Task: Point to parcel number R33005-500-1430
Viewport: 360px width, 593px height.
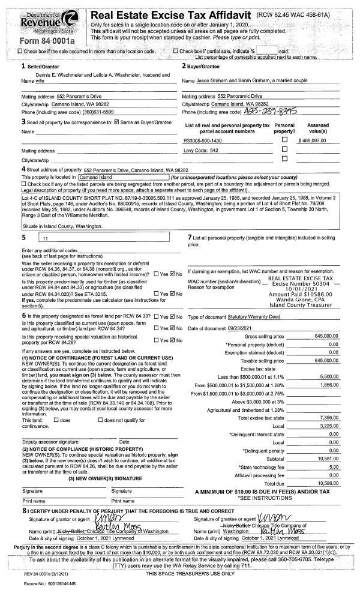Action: [x=203, y=140]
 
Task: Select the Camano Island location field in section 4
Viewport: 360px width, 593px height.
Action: [x=123, y=178]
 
